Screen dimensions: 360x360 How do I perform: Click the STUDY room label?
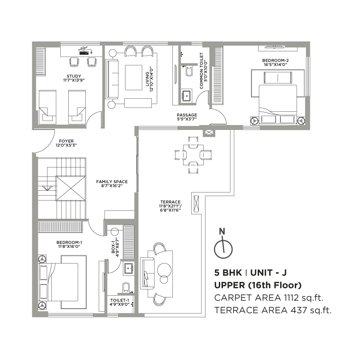pos(74,76)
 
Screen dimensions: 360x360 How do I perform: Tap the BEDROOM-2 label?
pos(276,61)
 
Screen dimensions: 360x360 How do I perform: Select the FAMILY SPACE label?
pos(112,182)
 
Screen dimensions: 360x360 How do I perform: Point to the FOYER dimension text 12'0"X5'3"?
pos(66,145)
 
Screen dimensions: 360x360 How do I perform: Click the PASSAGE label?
pos(187,115)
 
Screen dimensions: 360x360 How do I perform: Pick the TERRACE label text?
pos(170,202)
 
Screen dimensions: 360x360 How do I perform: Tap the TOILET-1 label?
pos(120,300)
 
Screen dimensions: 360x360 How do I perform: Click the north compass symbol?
pos(223,249)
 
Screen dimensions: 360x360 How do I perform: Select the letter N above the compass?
pos(222,231)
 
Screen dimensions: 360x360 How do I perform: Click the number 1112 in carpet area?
pos(291,298)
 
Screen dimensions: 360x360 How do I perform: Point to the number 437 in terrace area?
pos(299,310)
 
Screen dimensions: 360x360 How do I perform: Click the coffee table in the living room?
pos(134,78)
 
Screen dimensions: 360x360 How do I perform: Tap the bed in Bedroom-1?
pos(63,282)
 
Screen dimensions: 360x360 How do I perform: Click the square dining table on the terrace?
pos(193,155)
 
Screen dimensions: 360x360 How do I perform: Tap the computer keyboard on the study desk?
pos(84,53)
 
